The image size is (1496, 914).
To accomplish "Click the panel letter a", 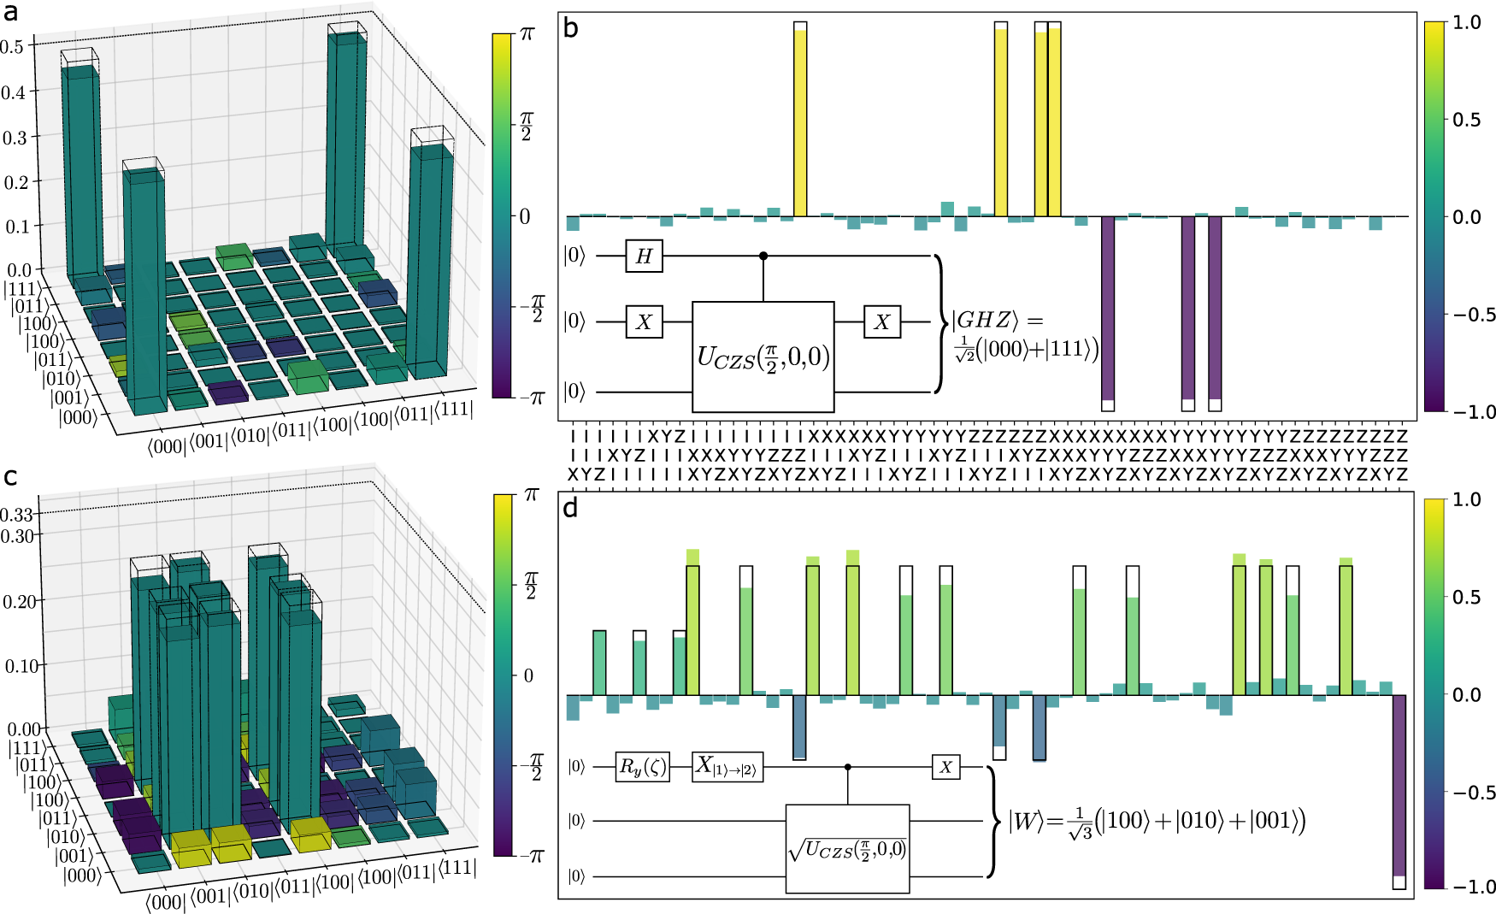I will (10, 13).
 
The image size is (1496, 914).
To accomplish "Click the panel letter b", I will (570, 30).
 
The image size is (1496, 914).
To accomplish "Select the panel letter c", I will (10, 477).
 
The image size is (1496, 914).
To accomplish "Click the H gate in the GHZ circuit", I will (645, 256).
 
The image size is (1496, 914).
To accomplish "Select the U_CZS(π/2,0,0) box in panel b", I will (763, 357).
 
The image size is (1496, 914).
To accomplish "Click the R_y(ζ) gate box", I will (642, 767).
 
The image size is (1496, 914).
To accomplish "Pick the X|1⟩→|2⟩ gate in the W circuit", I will (727, 767).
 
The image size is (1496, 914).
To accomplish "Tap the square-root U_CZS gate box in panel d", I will (847, 849).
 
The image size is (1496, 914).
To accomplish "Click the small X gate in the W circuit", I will (945, 767).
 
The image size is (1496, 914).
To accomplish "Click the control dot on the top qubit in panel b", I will (763, 256).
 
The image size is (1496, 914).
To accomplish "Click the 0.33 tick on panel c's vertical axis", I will (17, 515).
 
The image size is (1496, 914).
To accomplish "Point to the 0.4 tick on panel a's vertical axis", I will (13, 92).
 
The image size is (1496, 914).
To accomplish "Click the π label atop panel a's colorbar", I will (527, 33).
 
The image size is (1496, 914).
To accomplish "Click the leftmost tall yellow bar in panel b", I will (800, 120).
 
